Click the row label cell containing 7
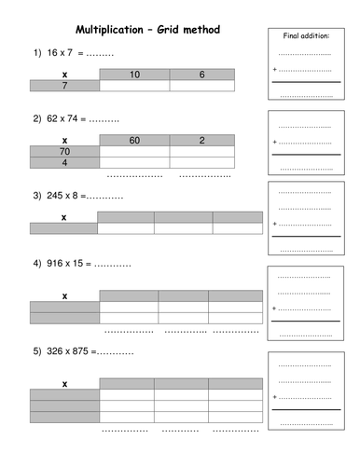coord(64,86)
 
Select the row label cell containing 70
coord(64,151)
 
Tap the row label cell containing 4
coord(64,163)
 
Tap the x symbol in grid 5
coord(64,383)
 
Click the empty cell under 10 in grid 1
coord(134,86)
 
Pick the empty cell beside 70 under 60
coord(134,151)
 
